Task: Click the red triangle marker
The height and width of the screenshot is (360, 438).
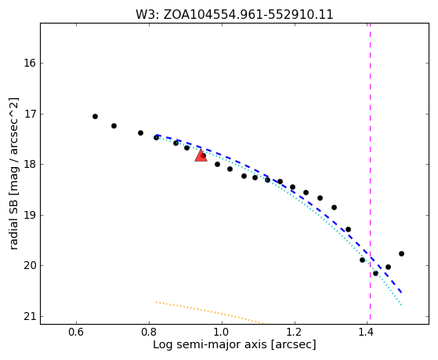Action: pyautogui.click(x=201, y=155)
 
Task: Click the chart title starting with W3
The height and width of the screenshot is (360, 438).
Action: pyautogui.click(x=234, y=14)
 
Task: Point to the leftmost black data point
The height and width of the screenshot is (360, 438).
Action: pyautogui.click(x=95, y=116)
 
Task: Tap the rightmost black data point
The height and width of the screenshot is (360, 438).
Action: pyautogui.click(x=401, y=253)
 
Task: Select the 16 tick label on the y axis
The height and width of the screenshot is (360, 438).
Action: pyautogui.click(x=30, y=63)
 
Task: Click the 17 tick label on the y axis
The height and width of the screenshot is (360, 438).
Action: pyautogui.click(x=30, y=114)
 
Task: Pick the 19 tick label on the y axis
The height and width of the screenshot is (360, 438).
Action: pyautogui.click(x=30, y=215)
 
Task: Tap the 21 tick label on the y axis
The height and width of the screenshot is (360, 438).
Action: pyautogui.click(x=30, y=316)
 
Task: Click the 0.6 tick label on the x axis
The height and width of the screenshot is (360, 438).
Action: pyautogui.click(x=76, y=333)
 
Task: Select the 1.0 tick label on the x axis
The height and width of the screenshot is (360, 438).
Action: pyautogui.click(x=222, y=333)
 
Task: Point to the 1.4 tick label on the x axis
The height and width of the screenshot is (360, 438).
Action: pyautogui.click(x=367, y=333)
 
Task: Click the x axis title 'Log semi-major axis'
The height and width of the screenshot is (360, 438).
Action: pyautogui.click(x=210, y=345)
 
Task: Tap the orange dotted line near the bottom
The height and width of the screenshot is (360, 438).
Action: pyautogui.click(x=211, y=313)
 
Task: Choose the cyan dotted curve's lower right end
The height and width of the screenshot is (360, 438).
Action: pyautogui.click(x=401, y=304)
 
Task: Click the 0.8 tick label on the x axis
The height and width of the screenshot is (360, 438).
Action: pyautogui.click(x=149, y=333)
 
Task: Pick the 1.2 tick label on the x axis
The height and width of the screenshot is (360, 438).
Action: pyautogui.click(x=295, y=333)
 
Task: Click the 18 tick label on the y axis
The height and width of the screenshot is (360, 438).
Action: pyautogui.click(x=30, y=164)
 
